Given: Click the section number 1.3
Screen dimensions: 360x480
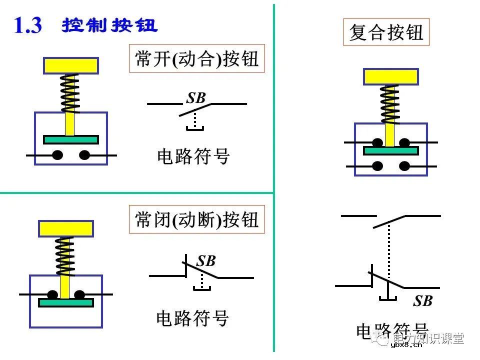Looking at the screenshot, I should click(28, 25).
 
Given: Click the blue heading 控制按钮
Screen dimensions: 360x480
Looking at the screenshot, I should click(109, 26).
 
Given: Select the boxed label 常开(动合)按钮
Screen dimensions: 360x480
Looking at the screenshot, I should click(196, 59).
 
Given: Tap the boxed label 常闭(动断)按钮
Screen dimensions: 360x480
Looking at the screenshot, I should click(196, 219).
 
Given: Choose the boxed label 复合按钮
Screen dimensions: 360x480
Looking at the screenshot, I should click(386, 33).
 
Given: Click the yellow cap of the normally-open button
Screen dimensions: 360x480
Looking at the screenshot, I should click(70, 65).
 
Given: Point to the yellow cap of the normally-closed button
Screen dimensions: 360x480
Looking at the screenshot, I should click(65, 228).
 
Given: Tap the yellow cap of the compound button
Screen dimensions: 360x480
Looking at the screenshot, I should click(390, 76).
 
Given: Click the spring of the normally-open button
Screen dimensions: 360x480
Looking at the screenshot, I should click(70, 93).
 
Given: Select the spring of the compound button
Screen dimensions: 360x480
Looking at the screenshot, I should click(390, 103).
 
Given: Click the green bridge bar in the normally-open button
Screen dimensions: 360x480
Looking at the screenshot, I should click(70, 139).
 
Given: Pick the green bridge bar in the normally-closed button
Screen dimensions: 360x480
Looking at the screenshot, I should click(65, 302).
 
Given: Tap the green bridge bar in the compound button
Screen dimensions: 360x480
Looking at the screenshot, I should click(390, 150).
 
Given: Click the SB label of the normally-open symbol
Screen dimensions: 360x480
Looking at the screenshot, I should click(196, 98).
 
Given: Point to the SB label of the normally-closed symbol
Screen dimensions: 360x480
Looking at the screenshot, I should click(205, 261).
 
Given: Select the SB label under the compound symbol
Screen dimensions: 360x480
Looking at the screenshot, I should click(422, 301).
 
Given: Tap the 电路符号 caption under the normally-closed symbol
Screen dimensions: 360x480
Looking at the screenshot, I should click(192, 318).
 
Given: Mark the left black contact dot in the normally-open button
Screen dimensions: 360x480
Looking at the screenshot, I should click(57, 155).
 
